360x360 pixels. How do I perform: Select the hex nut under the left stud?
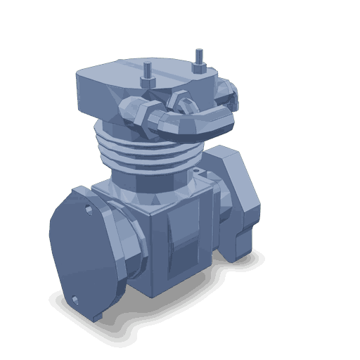click(x=149, y=81)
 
